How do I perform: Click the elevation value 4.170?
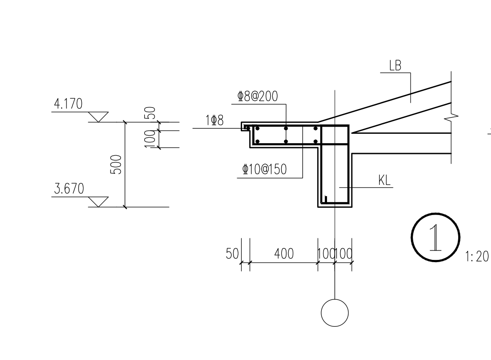click(68, 104)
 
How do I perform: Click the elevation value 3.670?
click(69, 189)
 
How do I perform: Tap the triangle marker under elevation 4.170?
click(98, 117)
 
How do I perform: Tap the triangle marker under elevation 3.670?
click(98, 202)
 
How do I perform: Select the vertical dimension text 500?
click(116, 165)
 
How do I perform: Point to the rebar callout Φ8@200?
click(258, 97)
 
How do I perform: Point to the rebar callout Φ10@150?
click(265, 170)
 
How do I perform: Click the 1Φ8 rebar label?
click(214, 120)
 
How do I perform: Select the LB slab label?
click(395, 66)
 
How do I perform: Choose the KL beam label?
click(385, 180)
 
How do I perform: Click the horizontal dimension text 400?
click(284, 254)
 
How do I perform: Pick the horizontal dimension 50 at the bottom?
click(232, 254)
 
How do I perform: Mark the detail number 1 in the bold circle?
click(435, 238)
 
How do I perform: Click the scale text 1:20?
click(477, 257)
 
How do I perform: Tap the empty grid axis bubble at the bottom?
click(335, 313)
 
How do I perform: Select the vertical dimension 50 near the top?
click(151, 113)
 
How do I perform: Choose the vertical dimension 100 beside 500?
click(150, 139)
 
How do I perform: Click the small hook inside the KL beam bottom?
click(326, 199)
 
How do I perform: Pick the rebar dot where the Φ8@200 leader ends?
click(286, 128)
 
